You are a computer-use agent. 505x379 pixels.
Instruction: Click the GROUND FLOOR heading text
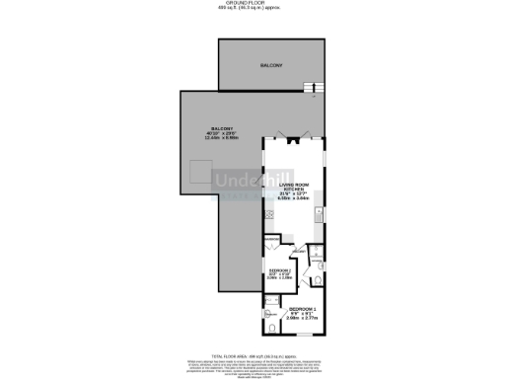[x=252, y=4]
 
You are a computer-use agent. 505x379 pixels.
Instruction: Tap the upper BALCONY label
[x=271, y=65]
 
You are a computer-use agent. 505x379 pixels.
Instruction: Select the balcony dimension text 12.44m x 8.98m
[x=219, y=137]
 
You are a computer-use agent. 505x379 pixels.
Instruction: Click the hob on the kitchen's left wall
[x=268, y=214]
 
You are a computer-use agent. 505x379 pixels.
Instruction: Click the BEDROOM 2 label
[x=281, y=269]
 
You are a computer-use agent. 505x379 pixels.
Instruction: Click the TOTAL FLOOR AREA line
[x=252, y=353]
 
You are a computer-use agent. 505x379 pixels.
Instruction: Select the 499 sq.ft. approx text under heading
[x=252, y=10]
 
